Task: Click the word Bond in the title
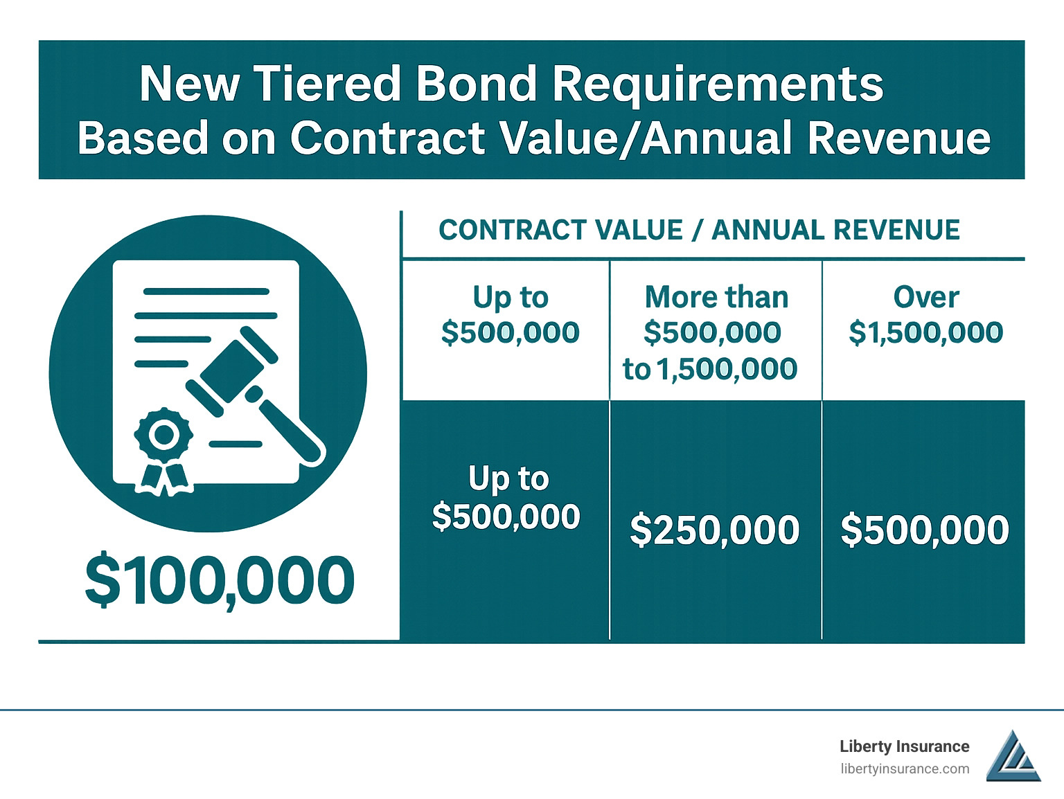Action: (476, 84)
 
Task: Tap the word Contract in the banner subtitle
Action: (389, 138)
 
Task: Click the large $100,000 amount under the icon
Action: (220, 580)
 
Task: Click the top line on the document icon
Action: (206, 291)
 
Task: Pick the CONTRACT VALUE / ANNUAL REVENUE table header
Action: (699, 231)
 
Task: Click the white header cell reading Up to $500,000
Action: (510, 315)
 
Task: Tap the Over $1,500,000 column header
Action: (925, 315)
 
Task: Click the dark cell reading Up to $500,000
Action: (506, 498)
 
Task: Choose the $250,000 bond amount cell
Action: (714, 530)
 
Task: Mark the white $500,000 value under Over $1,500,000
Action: (924, 530)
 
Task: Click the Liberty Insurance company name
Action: (904, 746)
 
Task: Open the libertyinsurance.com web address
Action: (905, 769)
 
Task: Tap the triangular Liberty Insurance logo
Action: (1013, 758)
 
